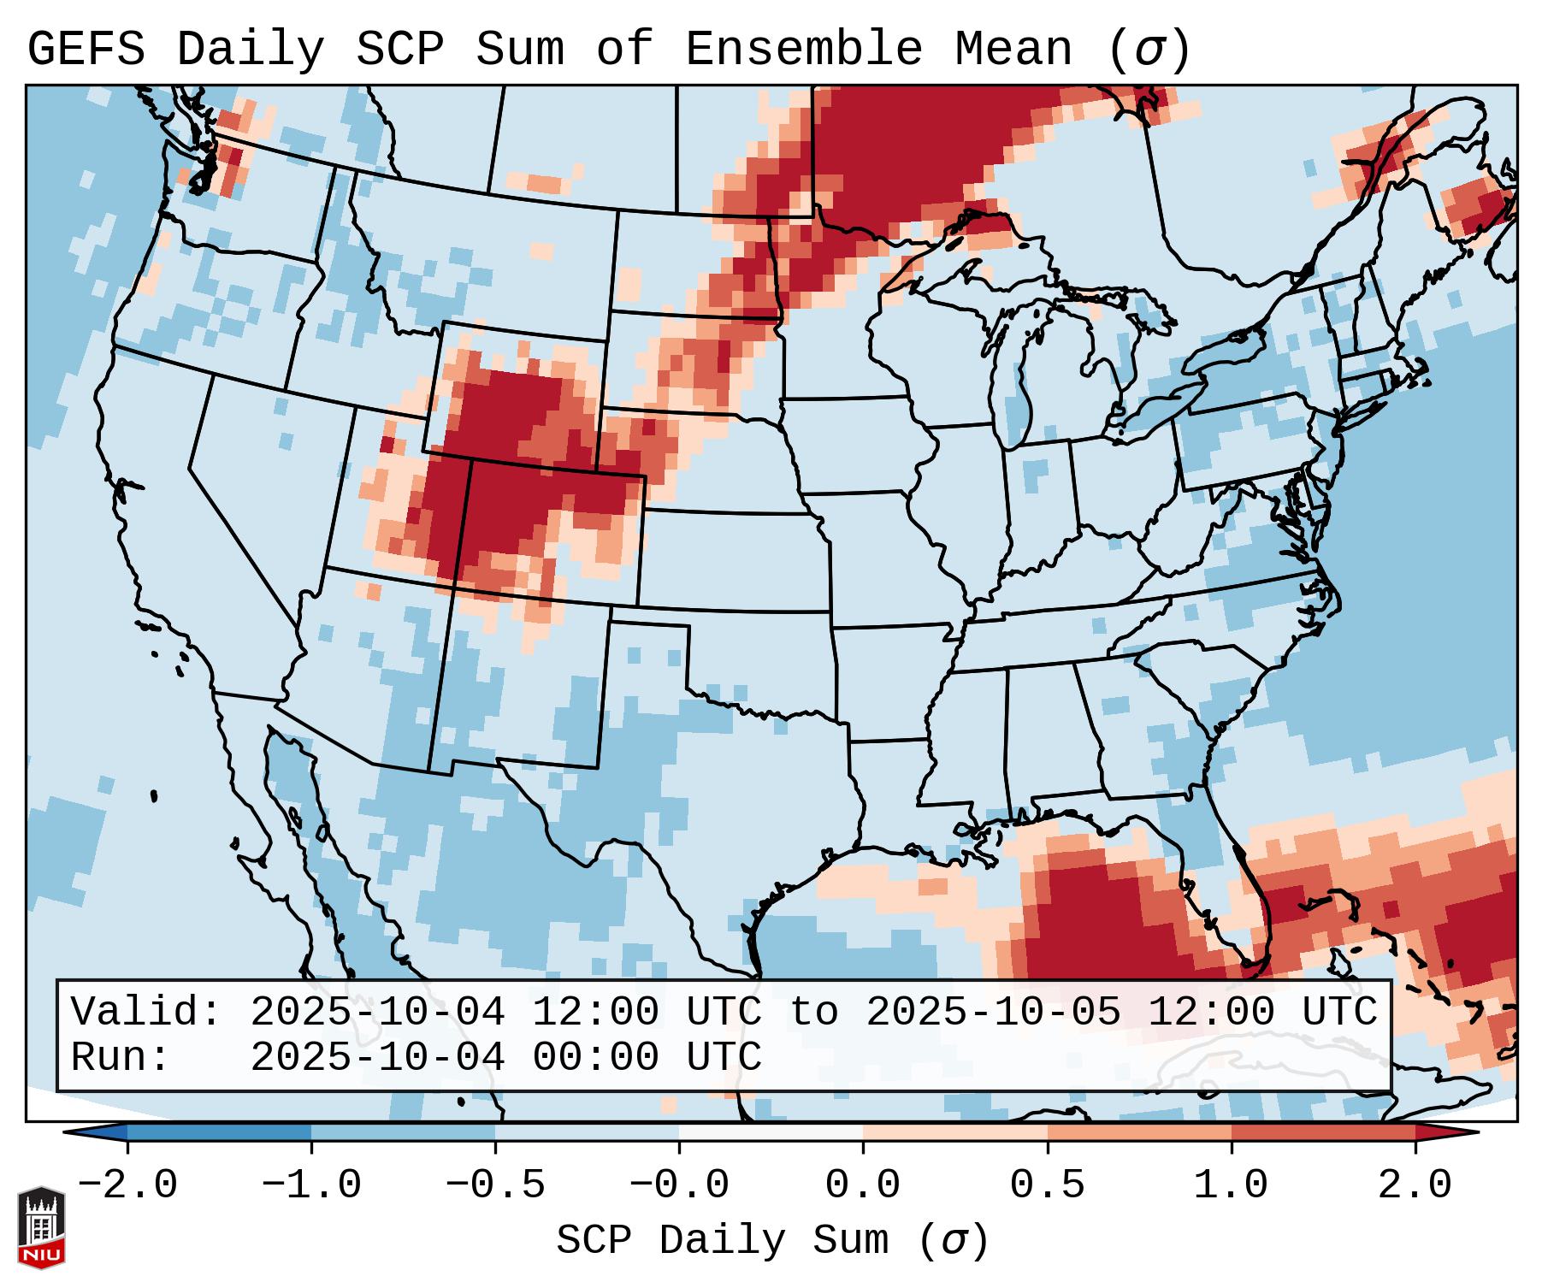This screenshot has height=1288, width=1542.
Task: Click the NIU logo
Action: [41, 1226]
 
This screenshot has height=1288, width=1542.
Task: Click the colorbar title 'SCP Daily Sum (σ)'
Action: [772, 1241]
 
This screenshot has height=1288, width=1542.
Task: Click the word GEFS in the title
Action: [86, 50]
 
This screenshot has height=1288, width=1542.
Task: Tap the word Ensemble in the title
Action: [803, 50]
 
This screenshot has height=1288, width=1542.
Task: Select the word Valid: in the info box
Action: [145, 1013]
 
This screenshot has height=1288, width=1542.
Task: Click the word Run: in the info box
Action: [120, 1057]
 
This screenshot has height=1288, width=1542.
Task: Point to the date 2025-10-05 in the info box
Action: [993, 1013]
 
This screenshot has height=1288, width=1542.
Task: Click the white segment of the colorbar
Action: [771, 1133]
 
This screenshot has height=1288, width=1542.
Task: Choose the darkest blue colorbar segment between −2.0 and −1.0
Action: [219, 1133]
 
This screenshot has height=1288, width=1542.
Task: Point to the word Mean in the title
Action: [1013, 50]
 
